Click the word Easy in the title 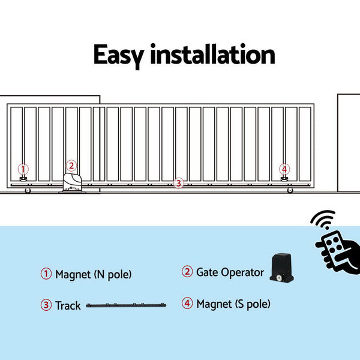(118, 55)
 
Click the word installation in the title (212, 55)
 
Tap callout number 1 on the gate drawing (23, 169)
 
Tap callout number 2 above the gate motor (71, 166)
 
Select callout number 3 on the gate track (178, 184)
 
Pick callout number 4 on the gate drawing (284, 169)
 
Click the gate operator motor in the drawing (71, 183)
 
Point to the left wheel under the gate (27, 191)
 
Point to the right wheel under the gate (290, 191)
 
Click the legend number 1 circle (46, 274)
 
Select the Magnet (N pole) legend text (93, 275)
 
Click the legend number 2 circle (187, 272)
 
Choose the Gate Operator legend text (230, 272)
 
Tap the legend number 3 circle (46, 305)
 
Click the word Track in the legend (68, 306)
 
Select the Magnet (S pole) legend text (233, 304)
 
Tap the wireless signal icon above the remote (322, 220)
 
